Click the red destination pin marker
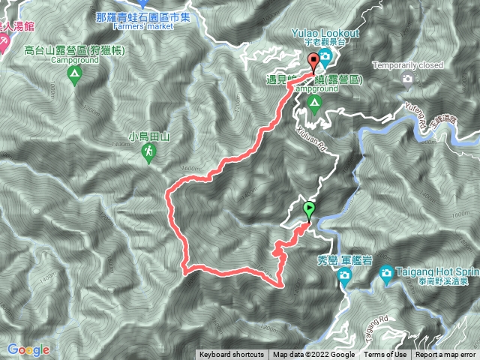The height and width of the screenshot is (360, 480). [x=313, y=61]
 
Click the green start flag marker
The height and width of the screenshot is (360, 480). [x=308, y=209]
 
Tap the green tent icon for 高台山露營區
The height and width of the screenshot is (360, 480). [x=74, y=74]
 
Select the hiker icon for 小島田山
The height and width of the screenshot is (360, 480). [x=148, y=153]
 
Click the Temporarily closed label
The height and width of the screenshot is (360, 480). [x=406, y=64]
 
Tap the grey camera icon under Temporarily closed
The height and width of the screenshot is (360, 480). [x=406, y=78]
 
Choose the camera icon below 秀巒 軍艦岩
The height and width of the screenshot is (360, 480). [x=344, y=278]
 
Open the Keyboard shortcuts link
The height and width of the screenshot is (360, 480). [x=232, y=355]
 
